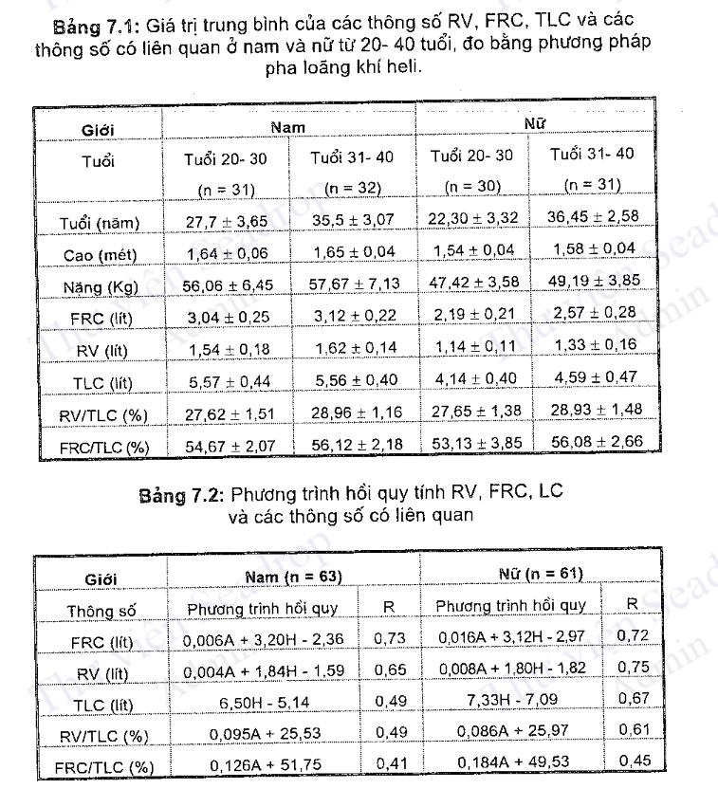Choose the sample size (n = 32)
tap(352, 188)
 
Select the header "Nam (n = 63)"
tap(293, 576)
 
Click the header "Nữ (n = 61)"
tap(541, 574)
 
